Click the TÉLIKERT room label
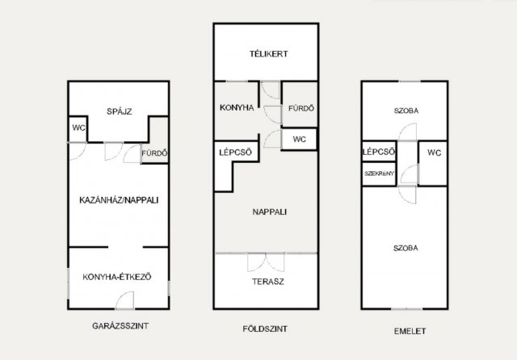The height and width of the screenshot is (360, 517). (x=268, y=54)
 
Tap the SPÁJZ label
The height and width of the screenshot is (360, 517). (x=120, y=111)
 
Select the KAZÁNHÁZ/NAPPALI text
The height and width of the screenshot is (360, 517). (x=119, y=200)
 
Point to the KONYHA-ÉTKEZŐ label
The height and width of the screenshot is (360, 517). (x=117, y=277)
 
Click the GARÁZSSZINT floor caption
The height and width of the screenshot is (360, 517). (x=120, y=326)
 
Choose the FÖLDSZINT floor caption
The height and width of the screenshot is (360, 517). (x=265, y=329)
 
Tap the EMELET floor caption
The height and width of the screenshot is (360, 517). (x=410, y=331)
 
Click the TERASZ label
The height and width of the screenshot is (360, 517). (x=267, y=282)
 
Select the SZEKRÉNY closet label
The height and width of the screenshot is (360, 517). (x=379, y=174)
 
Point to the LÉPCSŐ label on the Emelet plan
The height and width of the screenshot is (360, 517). (x=379, y=152)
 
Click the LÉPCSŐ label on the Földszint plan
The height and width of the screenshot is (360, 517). (x=235, y=153)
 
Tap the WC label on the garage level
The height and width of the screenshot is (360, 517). (x=79, y=128)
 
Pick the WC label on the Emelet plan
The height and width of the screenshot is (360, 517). (x=435, y=153)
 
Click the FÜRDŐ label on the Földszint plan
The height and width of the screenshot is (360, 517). (x=301, y=108)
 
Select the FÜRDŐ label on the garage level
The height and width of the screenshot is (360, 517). (x=154, y=153)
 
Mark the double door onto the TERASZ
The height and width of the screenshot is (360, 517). (x=266, y=262)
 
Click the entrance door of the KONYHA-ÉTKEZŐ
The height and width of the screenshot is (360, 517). (x=125, y=300)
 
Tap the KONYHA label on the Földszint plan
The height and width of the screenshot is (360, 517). (x=237, y=107)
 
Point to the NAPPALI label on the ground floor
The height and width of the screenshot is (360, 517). (x=269, y=211)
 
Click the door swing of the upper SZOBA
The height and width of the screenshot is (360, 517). (x=407, y=132)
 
